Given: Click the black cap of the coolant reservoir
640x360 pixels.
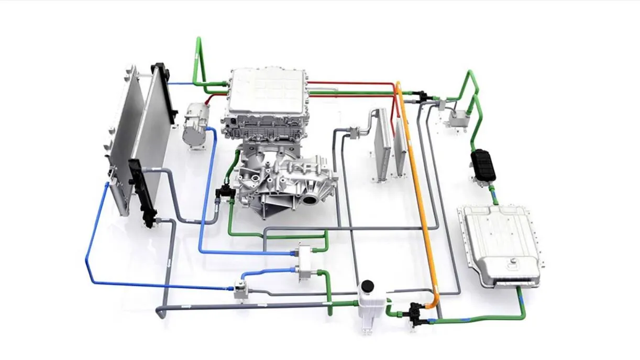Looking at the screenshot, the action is pos(367,286).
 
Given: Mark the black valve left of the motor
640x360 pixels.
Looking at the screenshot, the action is pos(226,191).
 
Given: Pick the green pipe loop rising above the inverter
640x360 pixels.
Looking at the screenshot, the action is pos(199,58).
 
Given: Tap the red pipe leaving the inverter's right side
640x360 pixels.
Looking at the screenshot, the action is pos(351,83).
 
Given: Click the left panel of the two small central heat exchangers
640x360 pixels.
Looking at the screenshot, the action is pos(383,141).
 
